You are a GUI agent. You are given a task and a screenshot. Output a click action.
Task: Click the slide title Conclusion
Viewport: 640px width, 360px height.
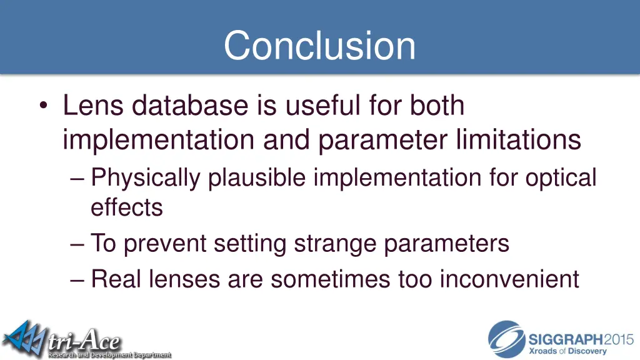tap(319, 46)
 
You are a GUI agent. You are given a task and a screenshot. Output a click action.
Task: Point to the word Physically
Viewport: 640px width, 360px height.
tap(146, 179)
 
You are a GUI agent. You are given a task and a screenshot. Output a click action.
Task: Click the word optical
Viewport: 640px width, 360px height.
tap(561, 179)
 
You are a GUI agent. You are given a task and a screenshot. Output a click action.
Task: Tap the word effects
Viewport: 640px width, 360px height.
tap(127, 207)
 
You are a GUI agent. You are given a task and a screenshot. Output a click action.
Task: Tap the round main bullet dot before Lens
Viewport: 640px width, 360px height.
tap(42, 106)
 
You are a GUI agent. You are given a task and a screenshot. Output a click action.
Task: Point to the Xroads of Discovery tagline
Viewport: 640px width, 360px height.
tap(568, 351)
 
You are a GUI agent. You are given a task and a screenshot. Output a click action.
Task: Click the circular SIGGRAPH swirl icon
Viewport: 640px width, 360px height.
tap(506, 339)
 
